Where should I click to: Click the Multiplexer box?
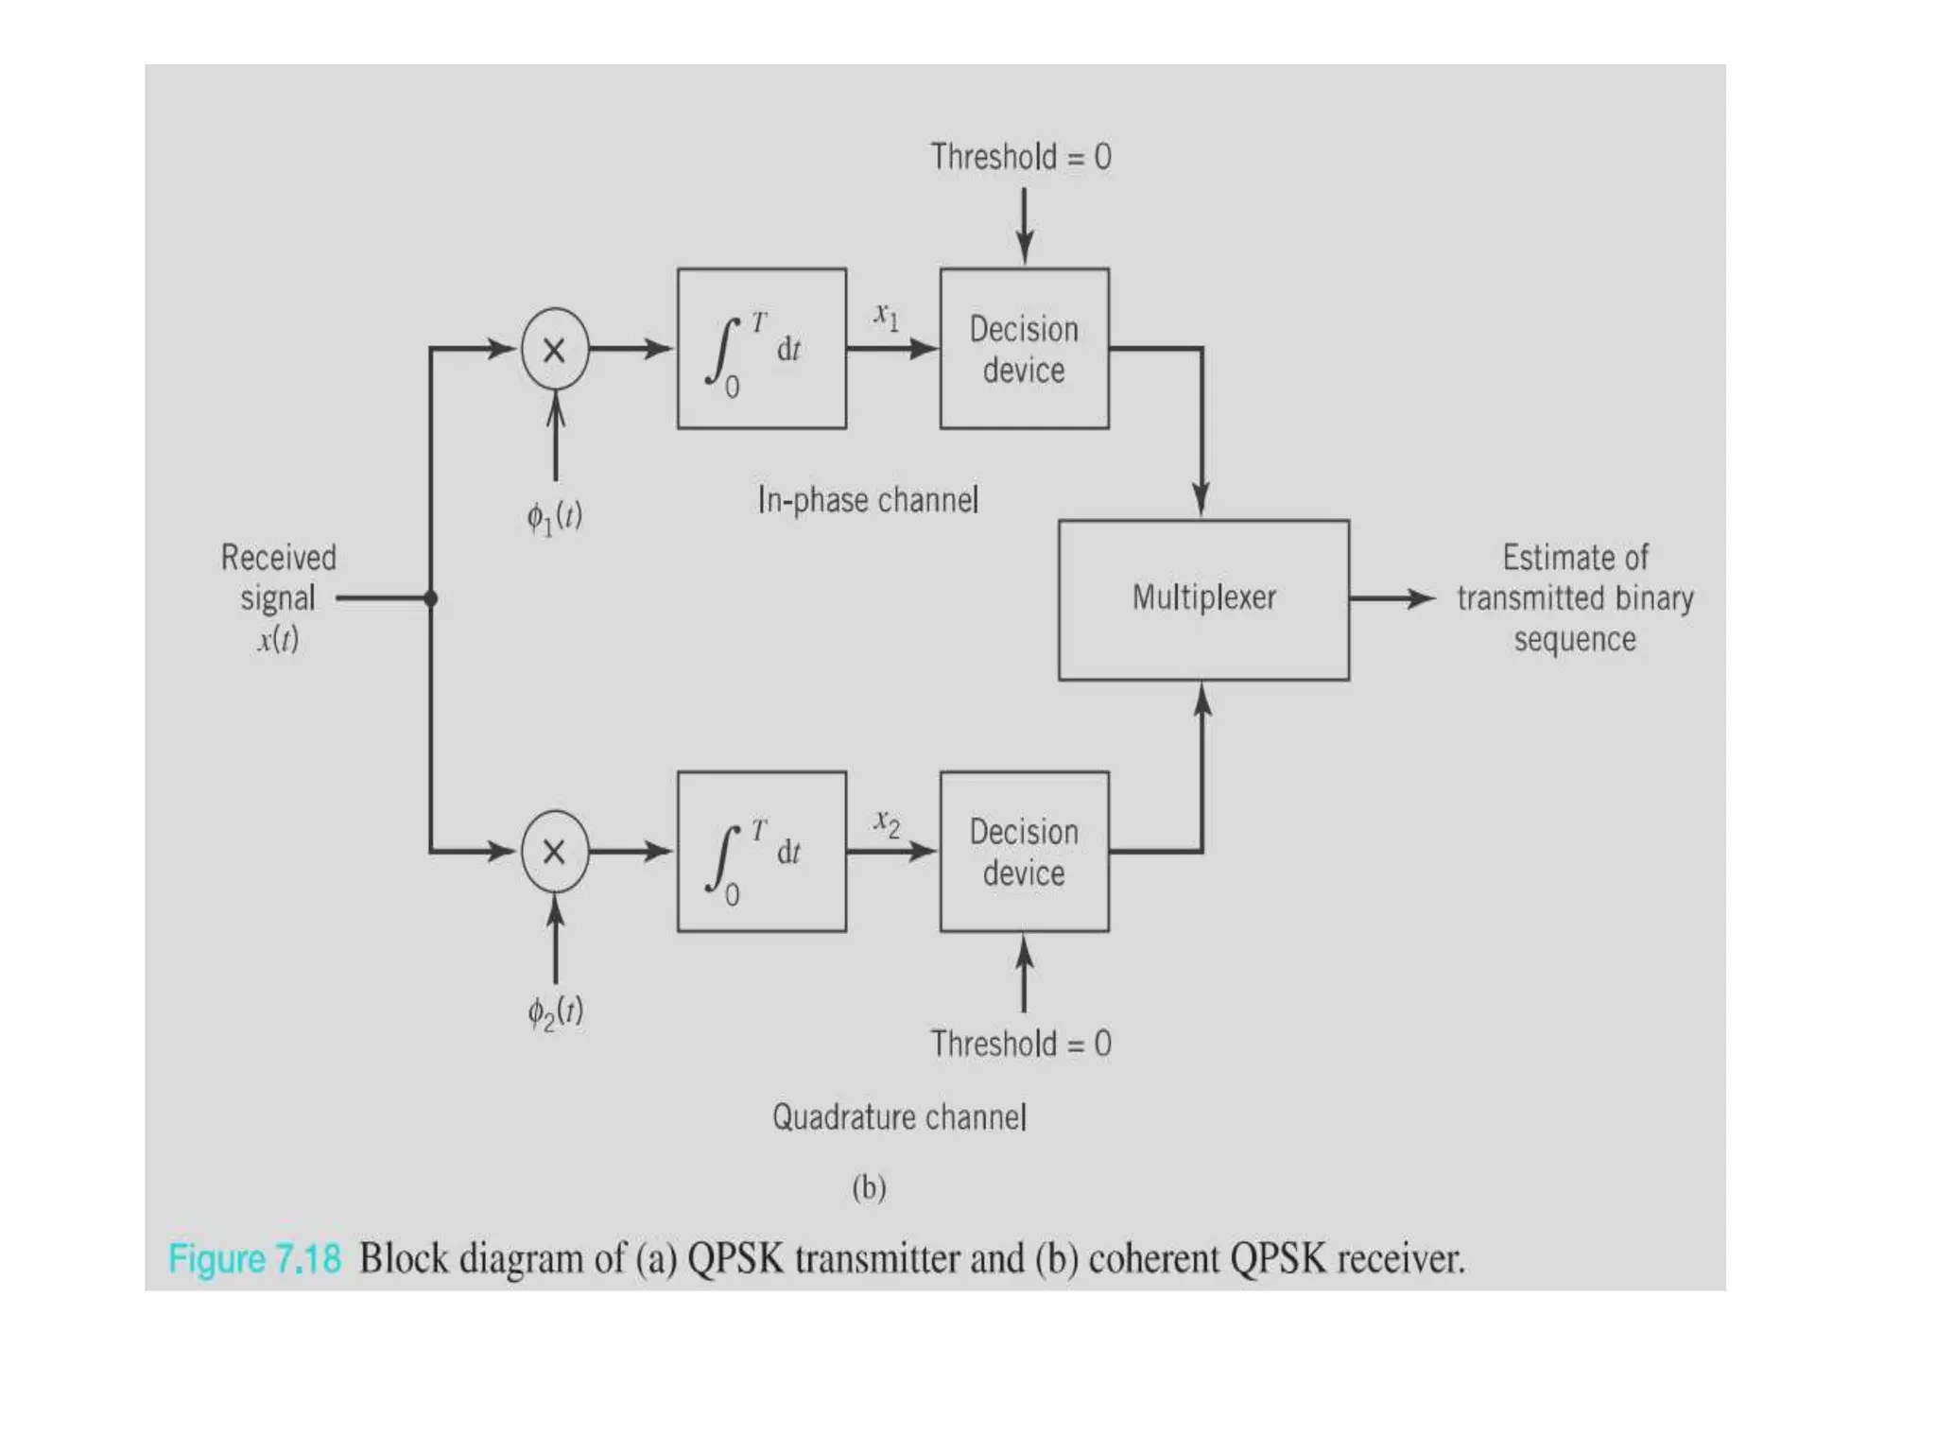coord(1203,599)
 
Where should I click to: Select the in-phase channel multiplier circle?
coord(555,349)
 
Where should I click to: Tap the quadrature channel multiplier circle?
coord(555,852)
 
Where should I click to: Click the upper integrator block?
coord(762,349)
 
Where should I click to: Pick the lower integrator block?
coord(762,852)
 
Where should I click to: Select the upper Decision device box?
coord(1024,349)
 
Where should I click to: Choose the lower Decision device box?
coord(1024,852)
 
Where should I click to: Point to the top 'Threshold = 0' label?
coord(1021,157)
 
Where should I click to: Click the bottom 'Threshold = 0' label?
coord(1021,1044)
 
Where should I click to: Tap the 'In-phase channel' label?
coord(868,499)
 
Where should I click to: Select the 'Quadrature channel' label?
coord(899,1117)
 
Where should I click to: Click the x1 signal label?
coord(886,316)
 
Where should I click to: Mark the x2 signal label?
coord(886,822)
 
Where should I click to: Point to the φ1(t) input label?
coord(555,517)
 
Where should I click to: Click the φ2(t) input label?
coord(555,1012)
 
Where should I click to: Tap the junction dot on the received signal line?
coord(431,598)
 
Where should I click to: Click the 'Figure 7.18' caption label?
coord(254,1259)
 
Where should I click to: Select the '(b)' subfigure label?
coord(869,1187)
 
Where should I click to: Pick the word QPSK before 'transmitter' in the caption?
coord(735,1259)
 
